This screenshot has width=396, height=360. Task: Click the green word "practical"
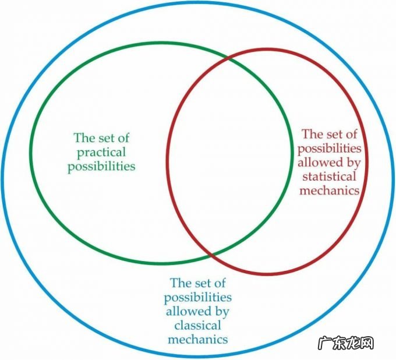coord(101,153)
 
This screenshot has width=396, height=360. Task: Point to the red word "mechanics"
coord(328,190)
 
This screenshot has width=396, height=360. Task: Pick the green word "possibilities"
coord(101,167)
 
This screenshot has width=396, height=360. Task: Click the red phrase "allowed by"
coord(328,162)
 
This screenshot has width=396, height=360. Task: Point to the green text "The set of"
coord(101,139)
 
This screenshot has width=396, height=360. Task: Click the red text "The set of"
coord(329,134)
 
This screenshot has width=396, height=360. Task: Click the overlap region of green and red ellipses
coord(230,157)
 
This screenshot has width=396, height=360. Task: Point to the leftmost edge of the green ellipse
coord(29,153)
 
